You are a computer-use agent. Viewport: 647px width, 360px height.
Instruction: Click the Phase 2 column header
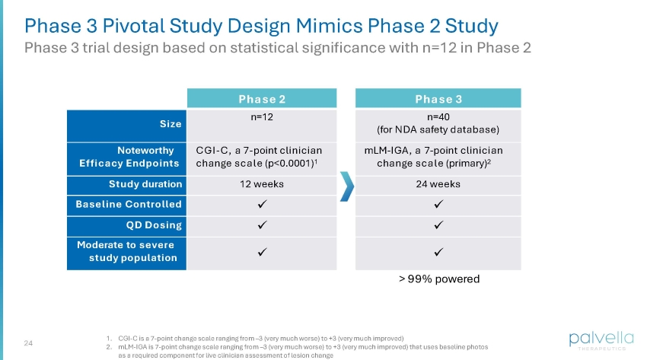point(262,99)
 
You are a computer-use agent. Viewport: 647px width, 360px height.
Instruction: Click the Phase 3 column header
point(438,99)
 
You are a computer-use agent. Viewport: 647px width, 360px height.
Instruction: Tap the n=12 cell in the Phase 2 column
point(262,119)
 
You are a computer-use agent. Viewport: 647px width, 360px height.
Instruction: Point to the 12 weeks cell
point(262,184)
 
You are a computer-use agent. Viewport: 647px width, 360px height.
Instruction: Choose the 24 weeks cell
point(438,184)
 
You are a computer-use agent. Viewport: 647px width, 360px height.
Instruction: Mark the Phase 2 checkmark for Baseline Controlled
point(262,205)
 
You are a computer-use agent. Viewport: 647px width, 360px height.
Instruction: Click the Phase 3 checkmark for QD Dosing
point(438,226)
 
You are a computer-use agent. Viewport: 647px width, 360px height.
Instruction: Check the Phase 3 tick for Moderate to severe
point(438,251)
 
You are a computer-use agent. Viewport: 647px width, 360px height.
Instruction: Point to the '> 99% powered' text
point(438,279)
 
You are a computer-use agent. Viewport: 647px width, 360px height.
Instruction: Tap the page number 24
point(30,342)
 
